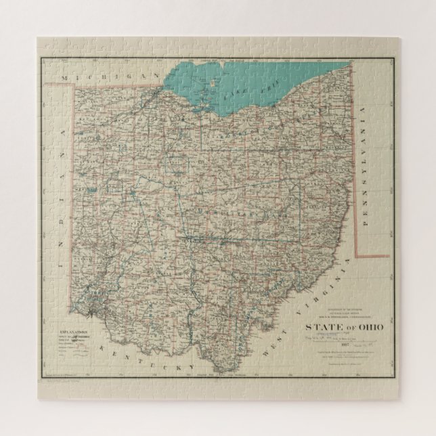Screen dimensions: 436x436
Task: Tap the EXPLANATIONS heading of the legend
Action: [x=72, y=334]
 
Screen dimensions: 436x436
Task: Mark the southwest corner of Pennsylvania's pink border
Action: [x=357, y=257]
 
